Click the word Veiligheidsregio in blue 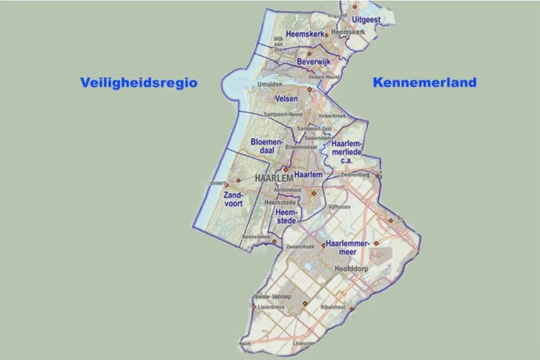coord(138,83)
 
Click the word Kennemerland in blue coord(424,83)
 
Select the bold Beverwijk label coord(314,61)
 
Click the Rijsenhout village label coord(333,307)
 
